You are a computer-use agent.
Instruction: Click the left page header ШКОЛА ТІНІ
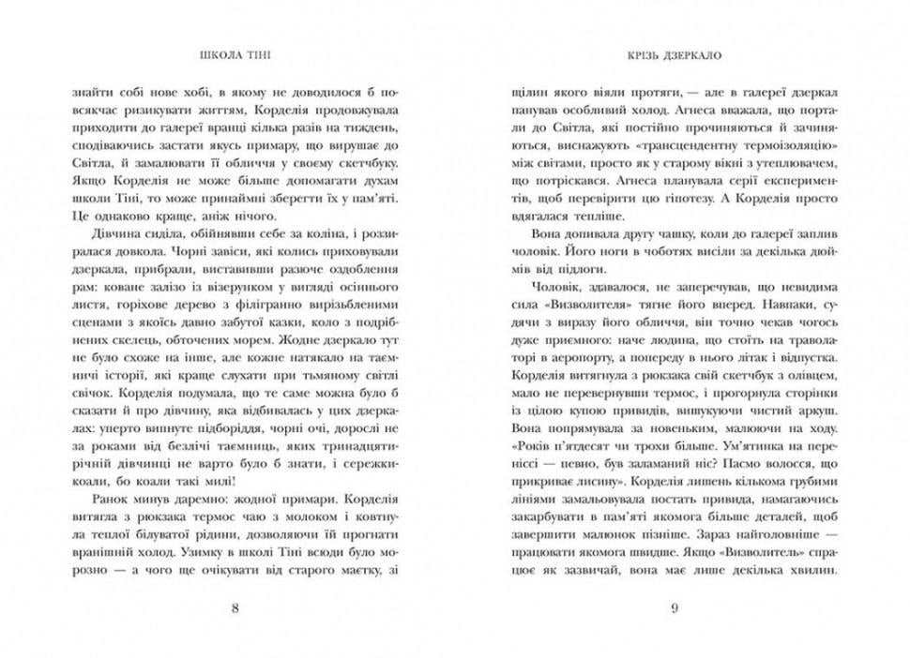pyautogui.click(x=234, y=55)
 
